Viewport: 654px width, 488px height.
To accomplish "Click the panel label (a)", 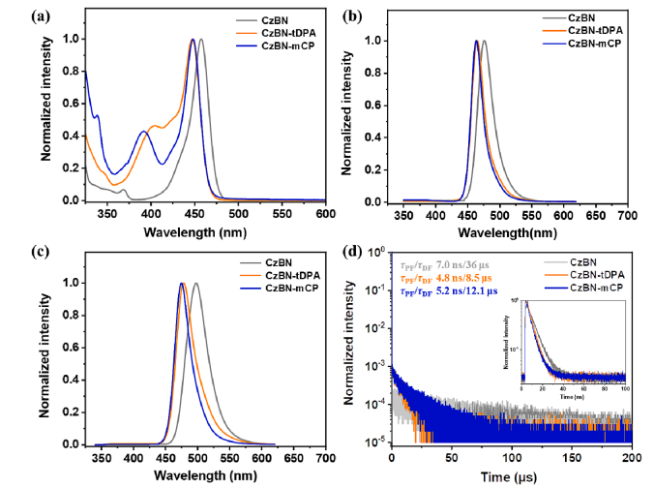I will pos(15,15).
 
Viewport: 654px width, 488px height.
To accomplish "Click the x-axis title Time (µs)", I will pos(511,474).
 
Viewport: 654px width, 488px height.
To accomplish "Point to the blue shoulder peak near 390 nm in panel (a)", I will pos(143,131).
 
